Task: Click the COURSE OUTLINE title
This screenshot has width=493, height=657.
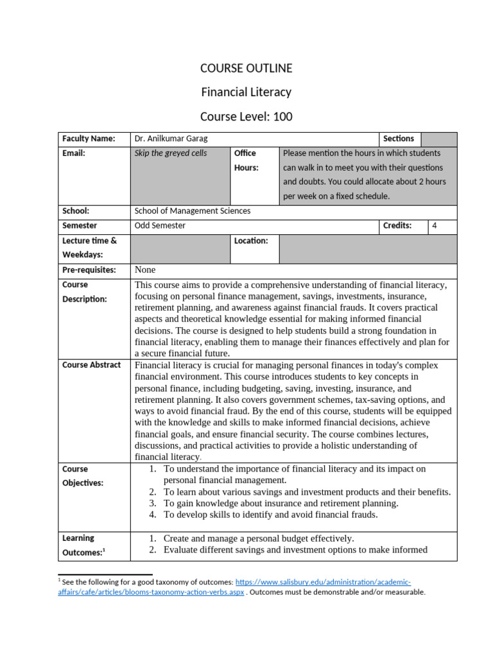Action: [246, 68]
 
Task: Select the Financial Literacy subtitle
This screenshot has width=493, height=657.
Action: [246, 92]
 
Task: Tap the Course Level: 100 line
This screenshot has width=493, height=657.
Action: [246, 116]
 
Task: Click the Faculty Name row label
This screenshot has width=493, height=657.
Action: [89, 139]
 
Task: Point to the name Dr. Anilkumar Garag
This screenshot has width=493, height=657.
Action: [171, 139]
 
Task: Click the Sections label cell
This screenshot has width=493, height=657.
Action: [399, 139]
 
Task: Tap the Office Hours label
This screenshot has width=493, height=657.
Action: [245, 160]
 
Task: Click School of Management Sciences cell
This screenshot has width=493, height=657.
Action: [193, 211]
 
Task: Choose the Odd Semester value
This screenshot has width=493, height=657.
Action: [160, 226]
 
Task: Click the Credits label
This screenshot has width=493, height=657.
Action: [397, 226]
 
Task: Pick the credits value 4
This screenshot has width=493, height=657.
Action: [435, 226]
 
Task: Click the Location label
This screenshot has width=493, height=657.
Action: [251, 241]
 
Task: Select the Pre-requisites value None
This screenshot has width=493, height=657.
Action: [146, 270]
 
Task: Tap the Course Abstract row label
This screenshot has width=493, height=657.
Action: [91, 365]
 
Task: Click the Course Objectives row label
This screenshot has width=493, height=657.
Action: [83, 475]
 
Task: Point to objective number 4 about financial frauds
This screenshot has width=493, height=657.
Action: [270, 515]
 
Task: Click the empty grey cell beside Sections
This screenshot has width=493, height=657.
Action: [439, 139]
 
